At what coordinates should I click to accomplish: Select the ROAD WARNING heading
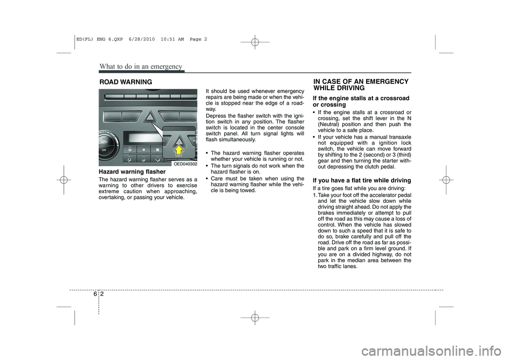125,82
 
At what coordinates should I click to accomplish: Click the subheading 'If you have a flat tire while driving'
362,181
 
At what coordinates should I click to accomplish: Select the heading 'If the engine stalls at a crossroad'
361,98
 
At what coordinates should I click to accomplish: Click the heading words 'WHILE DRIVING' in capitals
339,88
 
